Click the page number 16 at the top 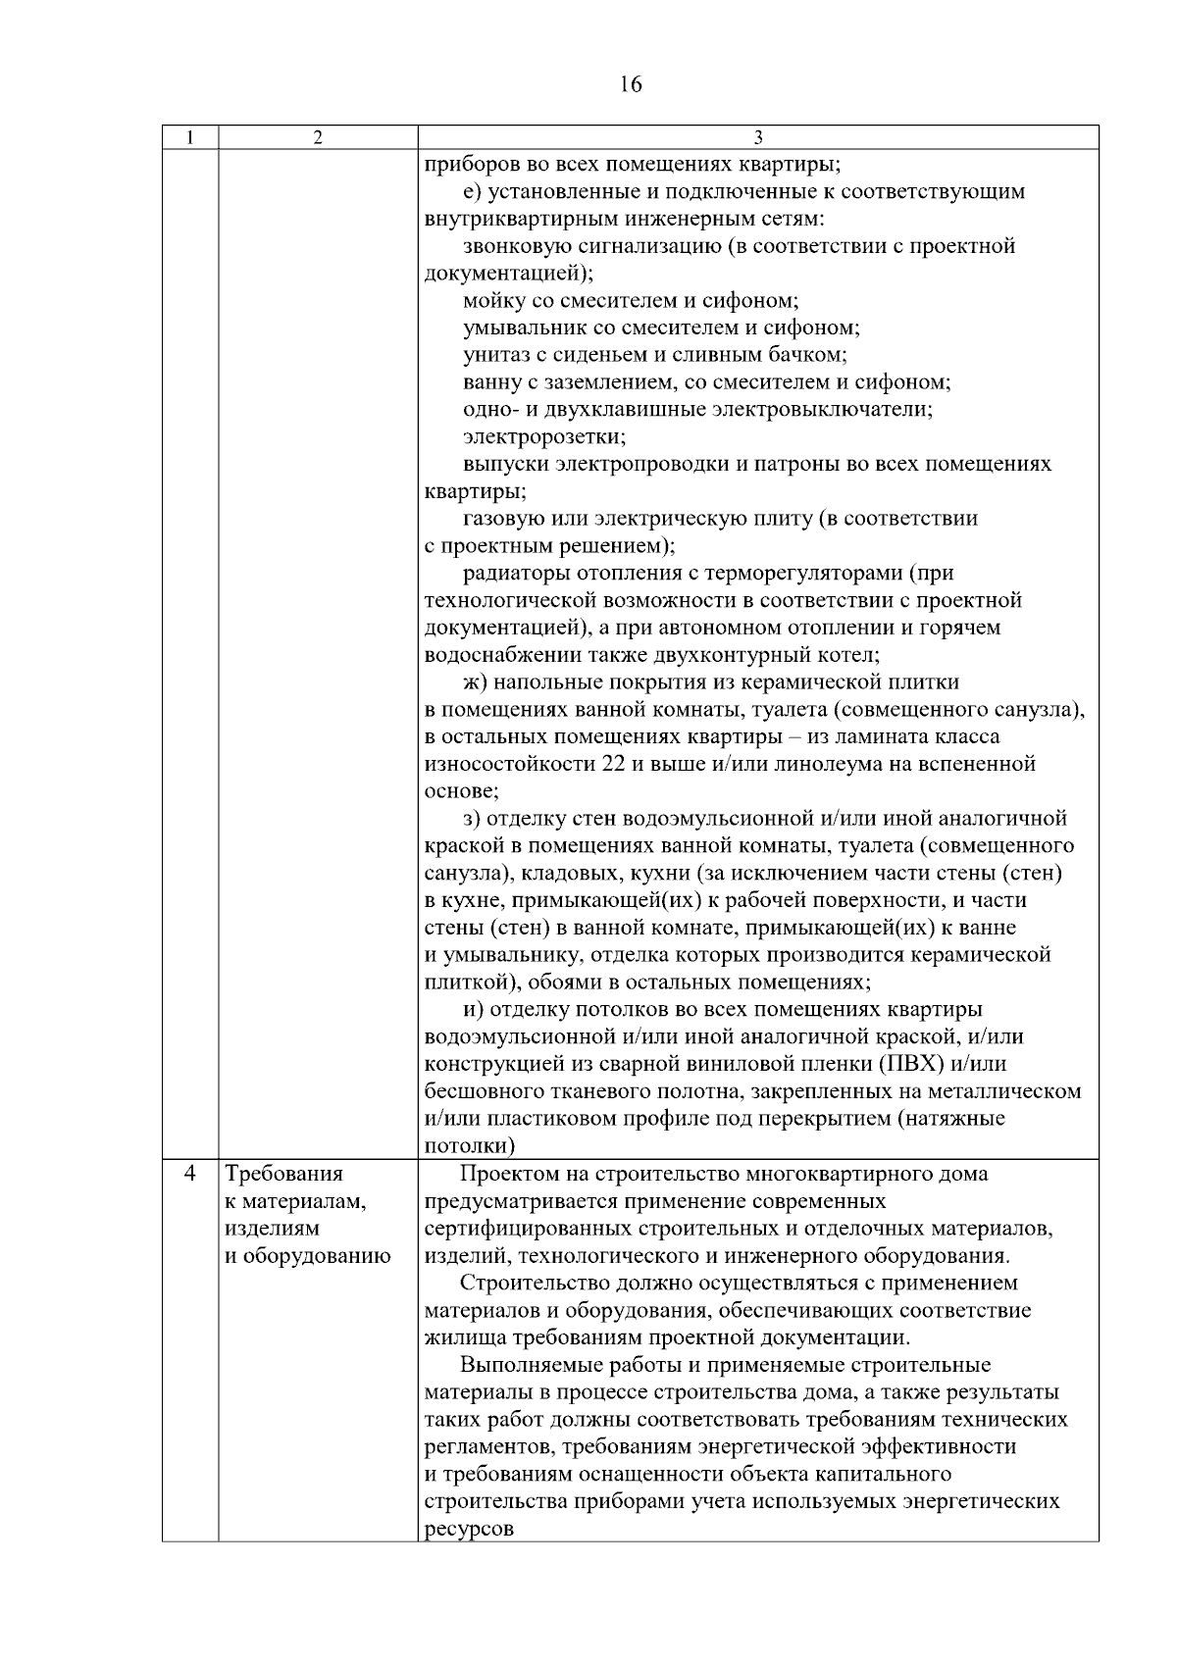[x=631, y=84]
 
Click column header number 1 [x=189, y=138]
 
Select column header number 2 [x=318, y=138]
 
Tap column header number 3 [x=757, y=138]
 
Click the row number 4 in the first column [x=190, y=1174]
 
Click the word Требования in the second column [x=284, y=1174]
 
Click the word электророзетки [x=544, y=436]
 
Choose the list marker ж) [x=475, y=681]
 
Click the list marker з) [x=472, y=819]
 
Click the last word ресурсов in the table [x=469, y=1530]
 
